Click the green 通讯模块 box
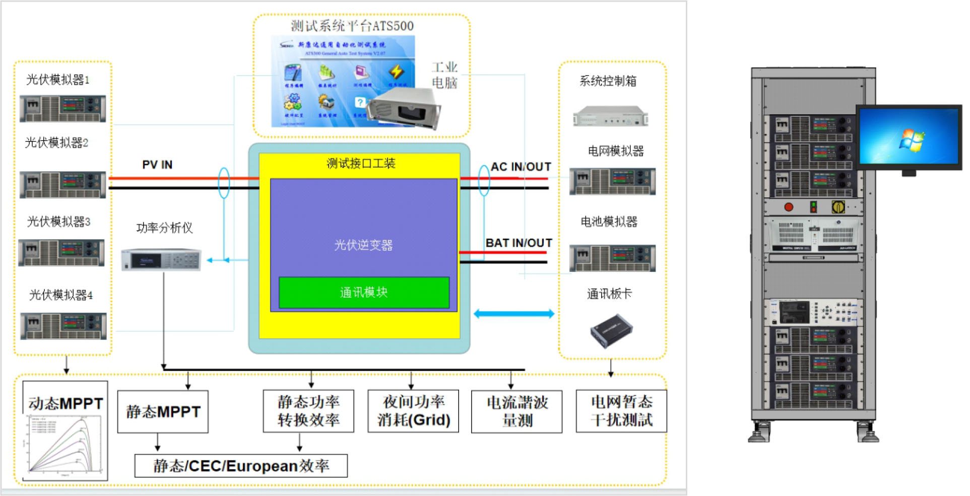click(364, 293)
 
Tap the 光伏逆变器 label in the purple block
click(363, 245)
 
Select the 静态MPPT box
click(163, 411)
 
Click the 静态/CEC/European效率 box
click(241, 466)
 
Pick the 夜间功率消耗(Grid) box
click(413, 411)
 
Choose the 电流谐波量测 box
click(516, 411)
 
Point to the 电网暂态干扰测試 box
click(621, 411)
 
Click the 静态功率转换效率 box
click(308, 411)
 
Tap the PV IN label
click(157, 165)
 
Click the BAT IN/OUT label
click(519, 243)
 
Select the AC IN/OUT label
click(521, 167)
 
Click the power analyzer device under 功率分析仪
click(161, 260)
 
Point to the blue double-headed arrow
click(514, 314)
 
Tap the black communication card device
click(611, 331)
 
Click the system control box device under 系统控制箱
click(611, 116)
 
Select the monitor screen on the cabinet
click(909, 136)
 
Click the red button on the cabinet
click(789, 207)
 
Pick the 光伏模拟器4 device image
click(63, 326)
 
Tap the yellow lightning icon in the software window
click(396, 72)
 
